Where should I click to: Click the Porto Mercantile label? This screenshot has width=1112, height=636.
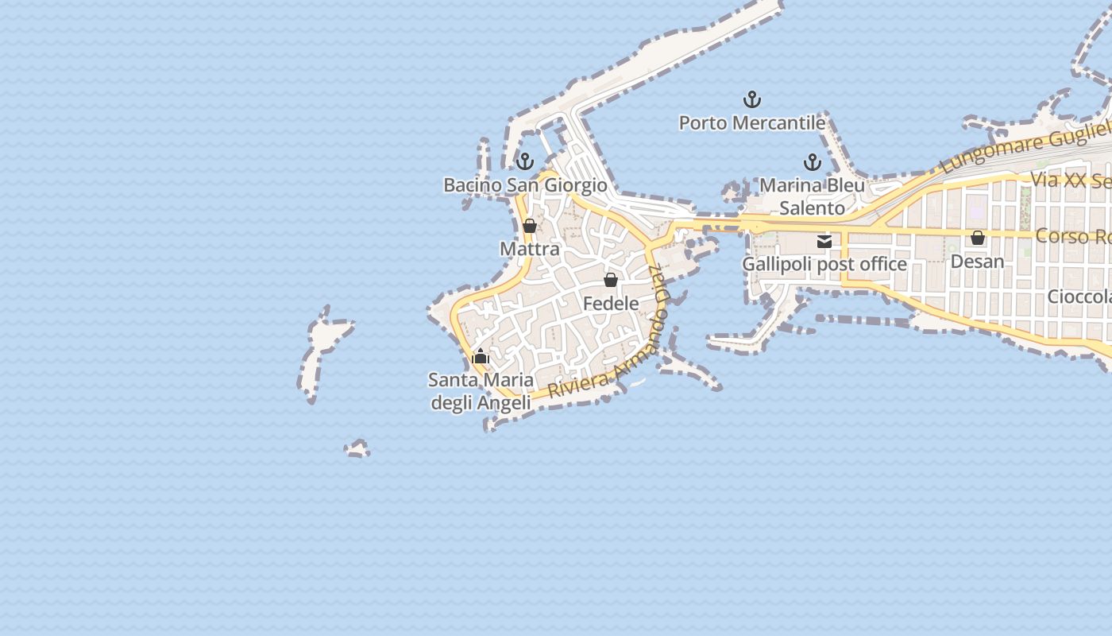pyautogui.click(x=751, y=123)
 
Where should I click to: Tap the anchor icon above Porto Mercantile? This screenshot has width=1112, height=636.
pyautogui.click(x=751, y=100)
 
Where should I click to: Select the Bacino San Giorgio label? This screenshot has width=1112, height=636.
pyautogui.click(x=525, y=185)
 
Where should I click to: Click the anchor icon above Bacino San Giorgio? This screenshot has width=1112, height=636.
pyautogui.click(x=524, y=162)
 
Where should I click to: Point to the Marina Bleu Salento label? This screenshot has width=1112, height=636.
pyautogui.click(x=812, y=196)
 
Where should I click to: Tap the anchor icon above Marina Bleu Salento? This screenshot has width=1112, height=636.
pyautogui.click(x=812, y=162)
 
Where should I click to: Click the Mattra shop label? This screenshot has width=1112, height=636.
pyautogui.click(x=530, y=249)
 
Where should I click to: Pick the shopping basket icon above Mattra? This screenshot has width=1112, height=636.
pyautogui.click(x=530, y=227)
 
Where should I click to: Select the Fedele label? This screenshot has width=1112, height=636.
pyautogui.click(x=611, y=304)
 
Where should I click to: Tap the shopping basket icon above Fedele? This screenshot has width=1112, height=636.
pyautogui.click(x=611, y=280)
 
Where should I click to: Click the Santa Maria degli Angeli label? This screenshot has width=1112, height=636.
pyautogui.click(x=481, y=391)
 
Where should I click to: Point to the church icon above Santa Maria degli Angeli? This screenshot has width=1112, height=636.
pyautogui.click(x=481, y=357)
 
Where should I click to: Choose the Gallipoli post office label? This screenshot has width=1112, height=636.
pyautogui.click(x=824, y=264)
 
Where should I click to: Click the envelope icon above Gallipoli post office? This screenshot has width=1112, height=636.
pyautogui.click(x=824, y=241)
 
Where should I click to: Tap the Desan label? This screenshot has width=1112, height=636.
pyautogui.click(x=977, y=262)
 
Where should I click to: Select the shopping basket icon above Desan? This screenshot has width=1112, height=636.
pyautogui.click(x=978, y=238)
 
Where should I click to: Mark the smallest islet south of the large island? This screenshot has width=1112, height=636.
pyautogui.click(x=357, y=449)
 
